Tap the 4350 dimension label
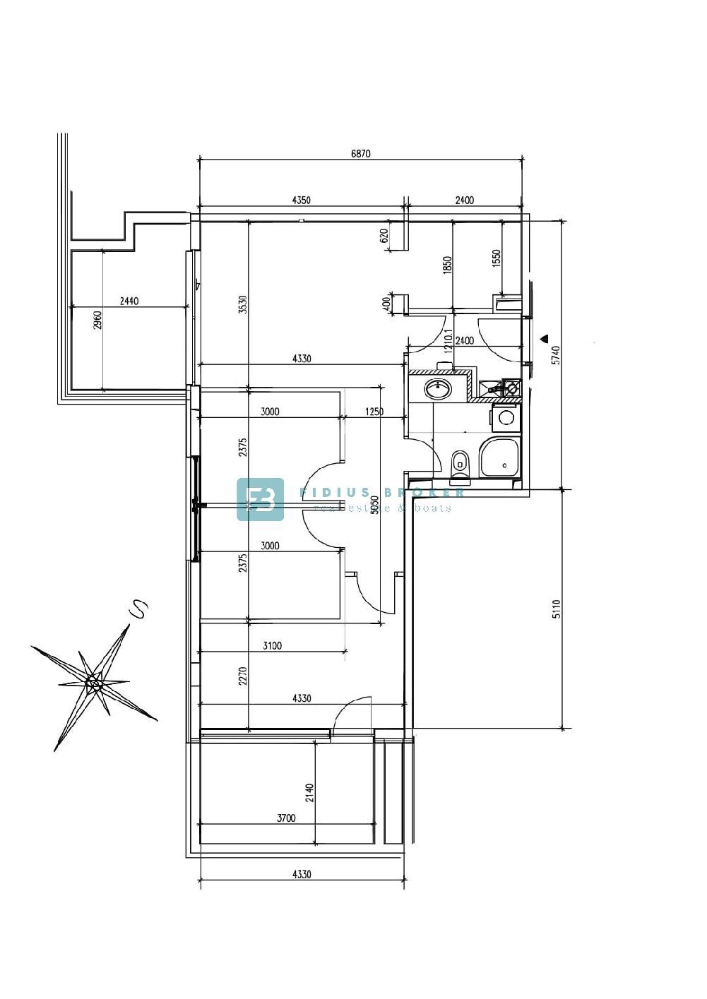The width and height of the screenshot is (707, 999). point(301,200)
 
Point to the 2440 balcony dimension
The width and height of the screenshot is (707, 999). point(129,301)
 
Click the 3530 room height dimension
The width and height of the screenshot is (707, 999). point(243,304)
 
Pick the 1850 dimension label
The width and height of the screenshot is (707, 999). point(446,265)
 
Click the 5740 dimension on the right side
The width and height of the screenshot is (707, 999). point(556,354)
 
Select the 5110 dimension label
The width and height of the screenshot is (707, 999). point(556,609)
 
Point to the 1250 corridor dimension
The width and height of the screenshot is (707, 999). point(374,412)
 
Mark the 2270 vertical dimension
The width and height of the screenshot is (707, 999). point(243,678)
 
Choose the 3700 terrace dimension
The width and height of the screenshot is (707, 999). point(286,818)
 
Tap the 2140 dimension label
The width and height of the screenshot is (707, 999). point(309,794)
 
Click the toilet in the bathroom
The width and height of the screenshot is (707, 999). point(459,462)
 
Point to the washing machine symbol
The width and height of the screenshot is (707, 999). point(506,417)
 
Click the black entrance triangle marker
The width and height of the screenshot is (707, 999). point(545,337)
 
